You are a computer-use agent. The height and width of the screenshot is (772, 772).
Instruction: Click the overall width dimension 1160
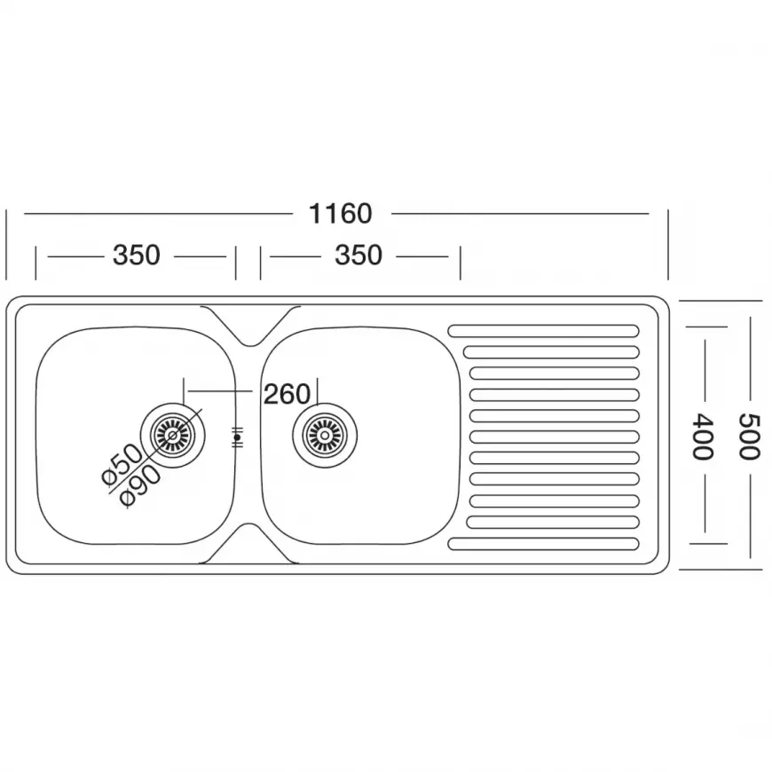click(340, 214)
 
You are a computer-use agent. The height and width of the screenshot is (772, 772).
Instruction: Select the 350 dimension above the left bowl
click(137, 255)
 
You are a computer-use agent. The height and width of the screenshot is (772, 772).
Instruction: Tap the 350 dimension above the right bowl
click(358, 255)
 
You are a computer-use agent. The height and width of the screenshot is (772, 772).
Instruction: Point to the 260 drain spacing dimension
click(287, 394)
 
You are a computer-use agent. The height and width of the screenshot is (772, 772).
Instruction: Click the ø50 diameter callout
click(122, 465)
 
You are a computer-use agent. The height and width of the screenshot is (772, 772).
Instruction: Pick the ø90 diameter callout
click(141, 486)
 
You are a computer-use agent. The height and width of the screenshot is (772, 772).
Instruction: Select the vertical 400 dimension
click(703, 437)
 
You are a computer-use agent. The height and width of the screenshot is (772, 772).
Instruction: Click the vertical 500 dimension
click(749, 437)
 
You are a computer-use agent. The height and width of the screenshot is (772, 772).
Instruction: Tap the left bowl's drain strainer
click(173, 435)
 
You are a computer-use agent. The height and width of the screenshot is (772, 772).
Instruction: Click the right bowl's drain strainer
click(325, 435)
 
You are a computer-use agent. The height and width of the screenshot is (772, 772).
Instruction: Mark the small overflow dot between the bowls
click(237, 437)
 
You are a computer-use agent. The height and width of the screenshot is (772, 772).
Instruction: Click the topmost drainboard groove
click(544, 331)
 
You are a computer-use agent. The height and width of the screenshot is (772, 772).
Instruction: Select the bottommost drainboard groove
click(544, 544)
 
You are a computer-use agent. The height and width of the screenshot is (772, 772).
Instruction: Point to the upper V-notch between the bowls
click(250, 326)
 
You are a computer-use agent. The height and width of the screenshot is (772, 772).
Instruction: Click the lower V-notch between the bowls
click(250, 544)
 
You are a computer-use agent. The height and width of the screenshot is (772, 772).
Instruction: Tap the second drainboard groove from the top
click(551, 352)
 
